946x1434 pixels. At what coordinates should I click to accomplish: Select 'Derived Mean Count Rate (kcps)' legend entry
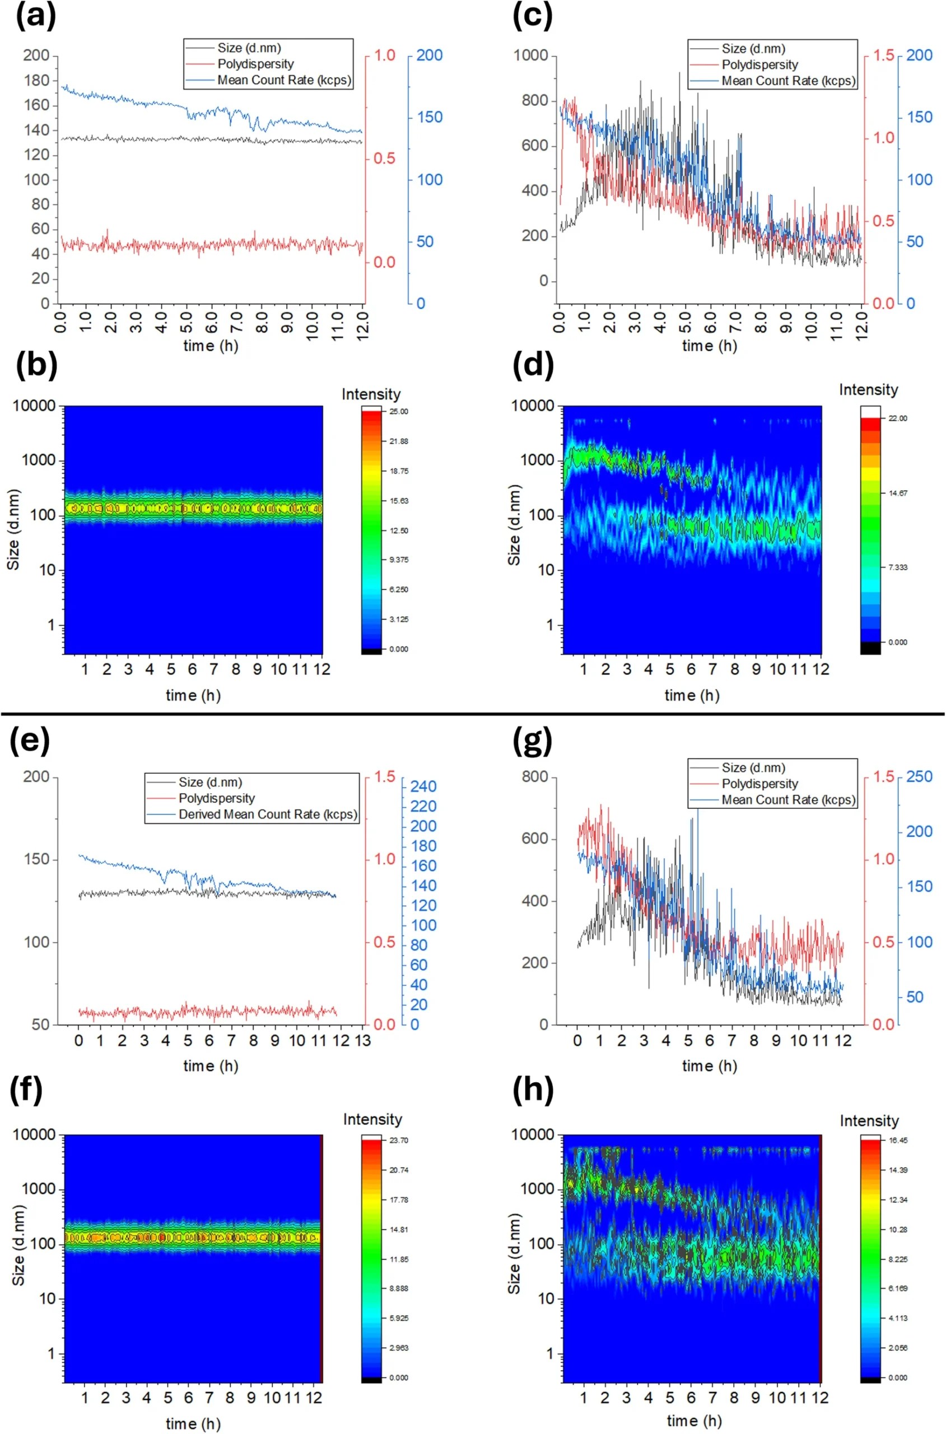(x=268, y=814)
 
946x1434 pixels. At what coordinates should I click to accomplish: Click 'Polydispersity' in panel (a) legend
(x=255, y=64)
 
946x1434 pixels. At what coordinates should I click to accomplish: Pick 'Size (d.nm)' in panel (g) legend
(x=753, y=768)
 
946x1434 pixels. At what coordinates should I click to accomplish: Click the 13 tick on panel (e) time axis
(x=362, y=1041)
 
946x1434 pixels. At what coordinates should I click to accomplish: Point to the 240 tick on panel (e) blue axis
(x=423, y=786)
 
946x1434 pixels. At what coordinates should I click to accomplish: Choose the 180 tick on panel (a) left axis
(x=36, y=81)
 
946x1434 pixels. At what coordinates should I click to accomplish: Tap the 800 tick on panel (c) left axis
(x=534, y=101)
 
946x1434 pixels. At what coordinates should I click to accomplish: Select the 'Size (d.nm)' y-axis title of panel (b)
(x=13, y=530)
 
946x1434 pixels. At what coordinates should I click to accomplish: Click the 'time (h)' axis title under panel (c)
(x=710, y=346)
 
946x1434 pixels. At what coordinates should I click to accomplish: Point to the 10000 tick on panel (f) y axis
(x=34, y=1135)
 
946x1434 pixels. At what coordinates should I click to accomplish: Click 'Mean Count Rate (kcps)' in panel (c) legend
(x=789, y=80)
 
